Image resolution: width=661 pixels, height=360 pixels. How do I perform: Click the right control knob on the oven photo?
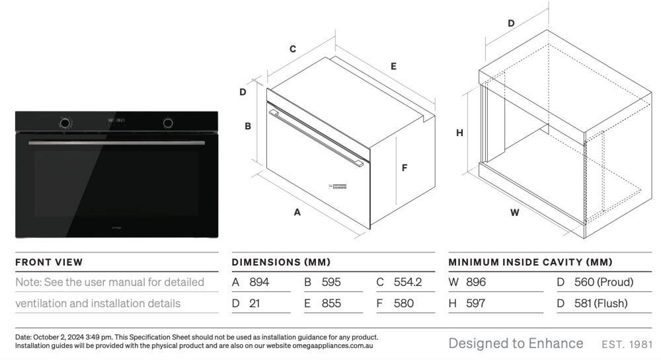tap(169, 122)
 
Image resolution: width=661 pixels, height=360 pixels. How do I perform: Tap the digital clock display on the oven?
tap(114, 121)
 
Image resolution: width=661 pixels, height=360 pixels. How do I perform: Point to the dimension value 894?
tap(259, 282)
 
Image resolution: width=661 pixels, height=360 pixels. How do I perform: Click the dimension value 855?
tap(331, 304)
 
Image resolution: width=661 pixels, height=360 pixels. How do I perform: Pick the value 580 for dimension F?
tap(404, 304)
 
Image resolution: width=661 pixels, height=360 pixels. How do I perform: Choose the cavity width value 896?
tap(476, 282)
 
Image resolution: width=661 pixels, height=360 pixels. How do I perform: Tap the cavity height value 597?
tap(475, 304)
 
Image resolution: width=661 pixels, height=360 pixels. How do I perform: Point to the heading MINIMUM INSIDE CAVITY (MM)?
tap(530, 262)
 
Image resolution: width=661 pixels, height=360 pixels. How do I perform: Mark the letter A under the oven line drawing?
tap(297, 213)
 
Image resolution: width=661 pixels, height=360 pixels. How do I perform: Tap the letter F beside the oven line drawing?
tap(405, 168)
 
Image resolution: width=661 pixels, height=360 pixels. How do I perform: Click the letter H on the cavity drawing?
tap(459, 132)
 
